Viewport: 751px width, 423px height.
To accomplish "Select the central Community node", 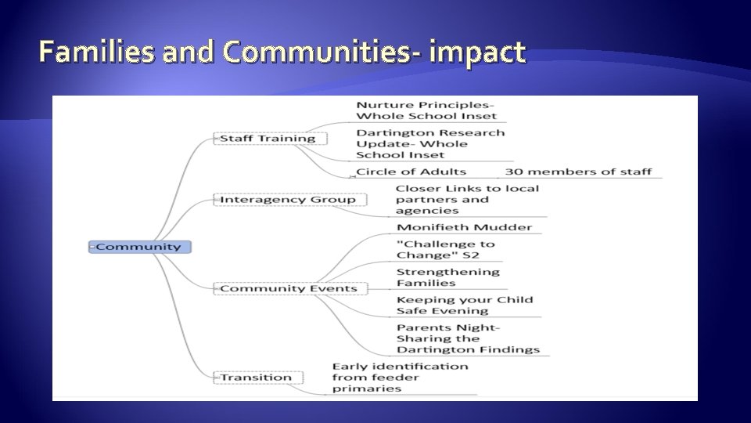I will tap(139, 247).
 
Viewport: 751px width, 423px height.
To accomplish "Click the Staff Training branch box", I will tap(268, 139).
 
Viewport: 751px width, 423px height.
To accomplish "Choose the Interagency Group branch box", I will tap(288, 199).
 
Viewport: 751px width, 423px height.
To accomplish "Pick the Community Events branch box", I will tap(288, 288).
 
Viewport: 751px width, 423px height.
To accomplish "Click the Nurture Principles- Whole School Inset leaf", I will tap(426, 110).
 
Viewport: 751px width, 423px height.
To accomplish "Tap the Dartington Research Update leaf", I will tap(430, 143).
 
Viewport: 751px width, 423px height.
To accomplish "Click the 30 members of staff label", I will tap(578, 172).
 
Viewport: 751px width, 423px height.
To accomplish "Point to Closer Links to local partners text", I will tap(467, 199).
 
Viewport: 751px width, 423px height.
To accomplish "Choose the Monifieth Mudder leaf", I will tap(465, 227).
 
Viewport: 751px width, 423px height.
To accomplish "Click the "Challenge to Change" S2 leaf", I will tap(446, 249).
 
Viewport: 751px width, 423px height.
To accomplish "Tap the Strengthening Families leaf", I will tap(447, 277).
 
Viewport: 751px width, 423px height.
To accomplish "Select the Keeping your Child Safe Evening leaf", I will tap(465, 305).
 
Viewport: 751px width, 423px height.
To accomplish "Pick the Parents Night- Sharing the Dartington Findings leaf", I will tap(468, 338).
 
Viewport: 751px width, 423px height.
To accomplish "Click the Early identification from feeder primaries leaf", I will tap(400, 377).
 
